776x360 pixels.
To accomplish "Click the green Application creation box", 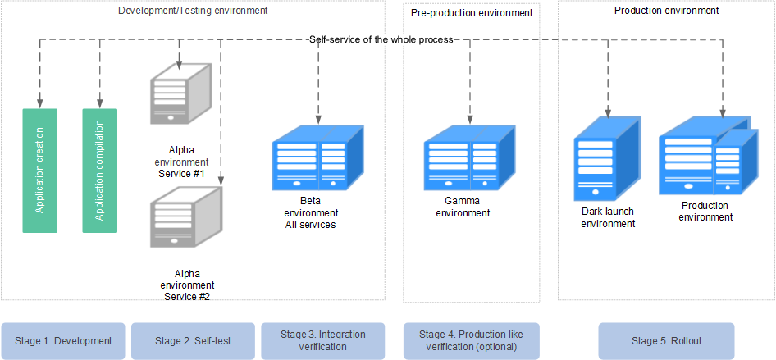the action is tap(40, 171).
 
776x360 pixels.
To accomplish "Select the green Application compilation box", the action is tap(99, 171).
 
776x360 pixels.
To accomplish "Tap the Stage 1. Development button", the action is tap(63, 340).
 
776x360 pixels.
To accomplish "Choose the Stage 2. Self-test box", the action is tap(193, 340).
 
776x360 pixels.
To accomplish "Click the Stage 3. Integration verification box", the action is tap(322, 340).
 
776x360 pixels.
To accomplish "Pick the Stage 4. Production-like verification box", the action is tap(471, 340).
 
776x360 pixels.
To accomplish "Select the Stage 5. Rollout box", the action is tap(666, 340).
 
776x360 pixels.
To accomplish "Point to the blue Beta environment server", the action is tap(318, 157).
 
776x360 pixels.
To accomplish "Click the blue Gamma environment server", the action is tap(470, 157).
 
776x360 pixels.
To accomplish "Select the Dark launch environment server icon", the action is tap(607, 158).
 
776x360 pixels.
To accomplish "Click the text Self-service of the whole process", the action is tap(381, 39).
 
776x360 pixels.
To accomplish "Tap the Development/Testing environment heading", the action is tap(193, 10).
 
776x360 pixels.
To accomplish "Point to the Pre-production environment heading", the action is tap(472, 13).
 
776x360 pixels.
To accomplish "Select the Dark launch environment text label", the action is tap(608, 217).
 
